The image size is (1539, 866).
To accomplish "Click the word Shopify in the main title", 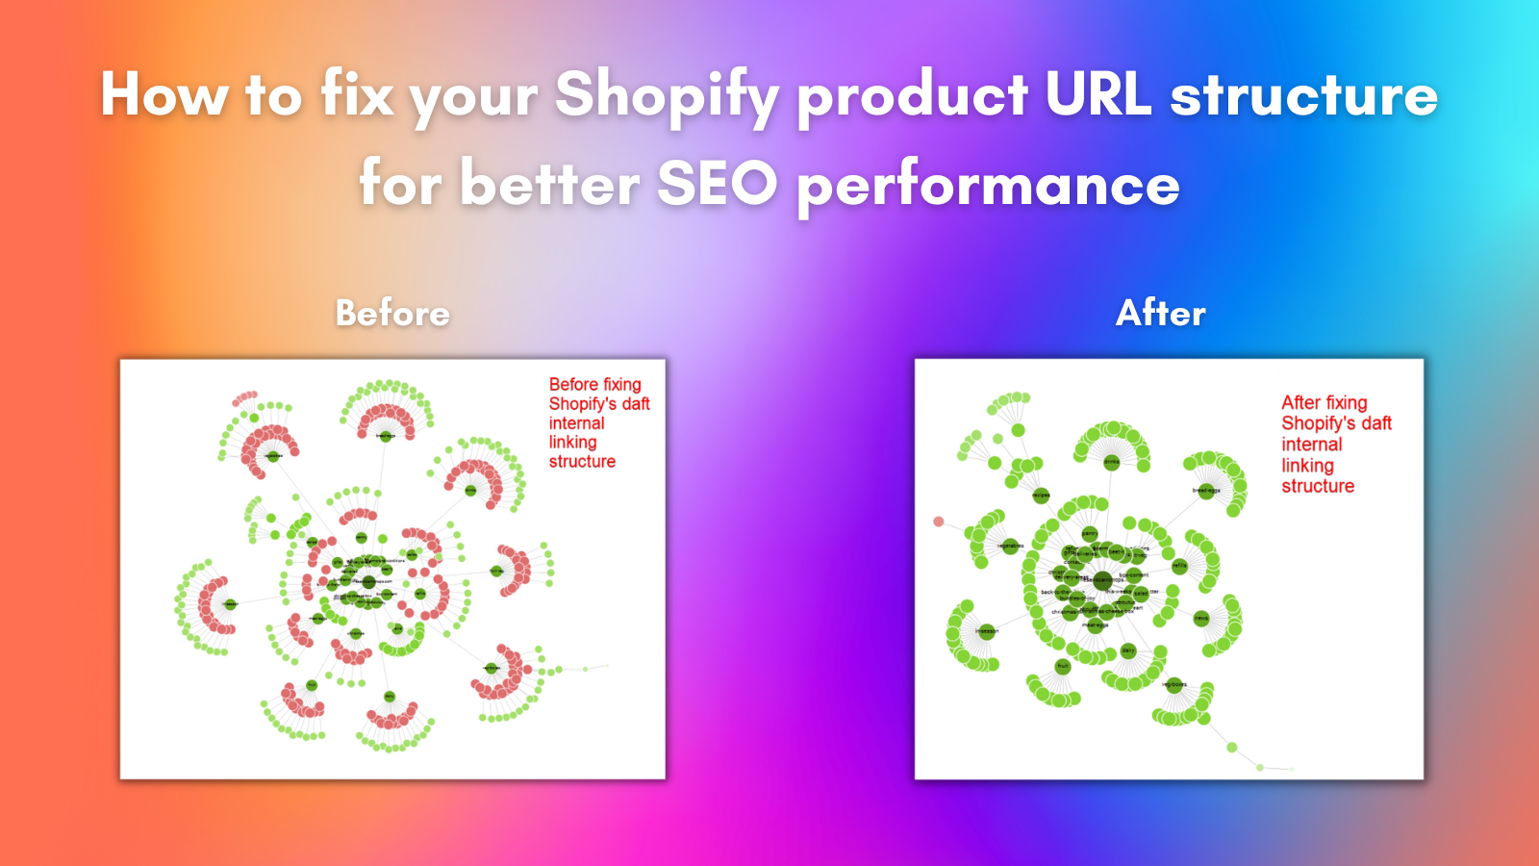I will coord(667,96).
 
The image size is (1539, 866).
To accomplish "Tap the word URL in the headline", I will coord(1097,94).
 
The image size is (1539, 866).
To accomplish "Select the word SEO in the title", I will coord(717,184).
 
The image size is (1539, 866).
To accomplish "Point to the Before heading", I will coord(392,314).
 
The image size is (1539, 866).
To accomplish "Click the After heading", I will coord(1160,314).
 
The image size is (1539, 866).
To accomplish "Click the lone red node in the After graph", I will coord(939,522).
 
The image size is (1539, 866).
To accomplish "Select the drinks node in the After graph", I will coord(1112,461).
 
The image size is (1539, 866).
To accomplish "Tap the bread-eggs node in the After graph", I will coord(1206,491).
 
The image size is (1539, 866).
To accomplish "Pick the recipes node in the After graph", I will coord(1041,496).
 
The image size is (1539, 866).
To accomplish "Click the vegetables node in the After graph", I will coord(1011,547).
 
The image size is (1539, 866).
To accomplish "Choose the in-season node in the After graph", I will coord(987,631).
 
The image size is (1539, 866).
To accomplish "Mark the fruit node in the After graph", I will coord(1063,666).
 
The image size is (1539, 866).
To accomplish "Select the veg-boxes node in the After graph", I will coord(1174,685).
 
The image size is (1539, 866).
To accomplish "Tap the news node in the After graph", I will coord(1201,618).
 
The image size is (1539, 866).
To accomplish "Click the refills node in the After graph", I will coord(1179,566).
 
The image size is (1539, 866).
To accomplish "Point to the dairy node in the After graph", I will coord(1128,651).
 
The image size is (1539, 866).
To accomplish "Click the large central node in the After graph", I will coord(1103,580).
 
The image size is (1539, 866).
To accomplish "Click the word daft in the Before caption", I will coord(635,404).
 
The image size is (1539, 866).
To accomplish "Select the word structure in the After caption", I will coord(1318,487).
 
